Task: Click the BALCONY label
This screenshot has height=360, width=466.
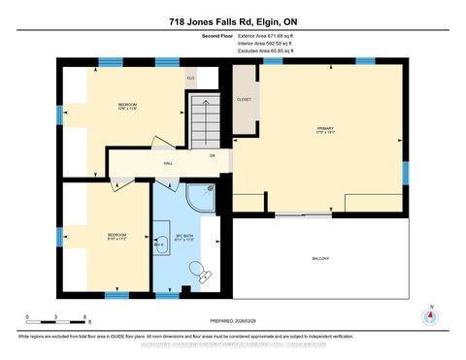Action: (320, 258)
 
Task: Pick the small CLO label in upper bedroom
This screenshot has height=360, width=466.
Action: (191, 77)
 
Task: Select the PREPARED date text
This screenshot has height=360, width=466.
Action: (234, 322)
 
